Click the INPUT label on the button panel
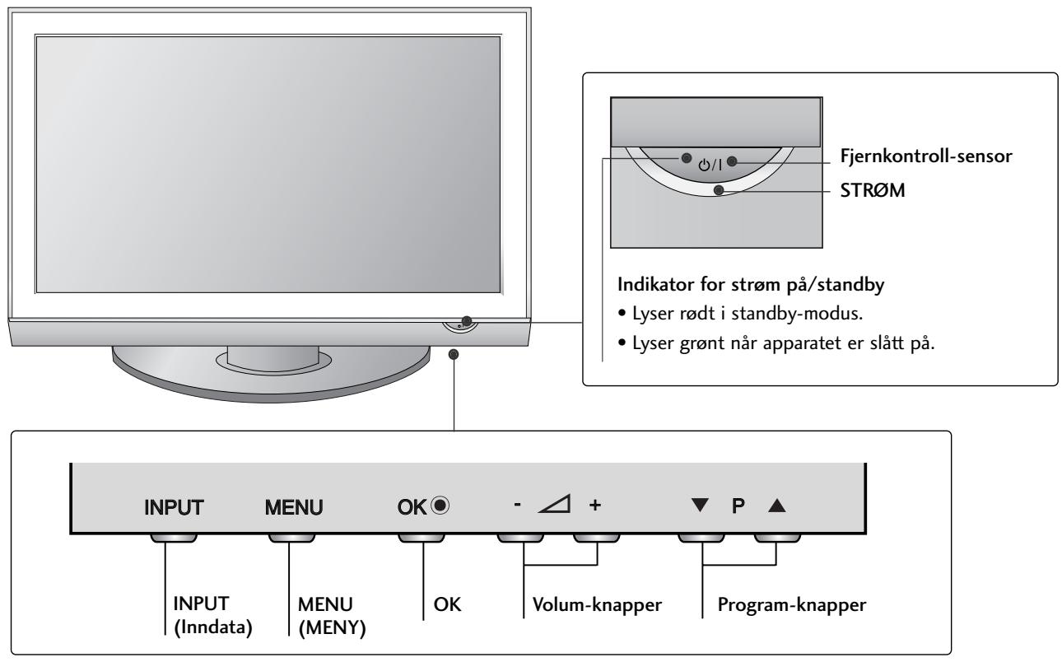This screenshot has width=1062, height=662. coord(171,503)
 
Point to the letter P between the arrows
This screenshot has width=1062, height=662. coord(739,503)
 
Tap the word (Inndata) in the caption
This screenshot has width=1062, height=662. coord(201,630)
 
